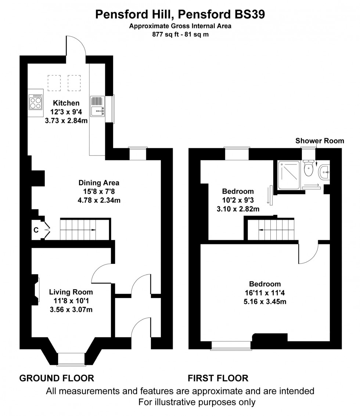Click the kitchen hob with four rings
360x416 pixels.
36,102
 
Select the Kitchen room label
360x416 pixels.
66,103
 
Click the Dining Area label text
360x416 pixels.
99,183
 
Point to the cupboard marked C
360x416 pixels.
36,230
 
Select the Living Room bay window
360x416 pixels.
72,359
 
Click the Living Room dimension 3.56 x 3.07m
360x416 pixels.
71,309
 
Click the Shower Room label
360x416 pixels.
320,141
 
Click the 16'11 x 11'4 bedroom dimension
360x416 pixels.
265,293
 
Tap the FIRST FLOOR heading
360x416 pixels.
218,378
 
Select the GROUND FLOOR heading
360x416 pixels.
56,378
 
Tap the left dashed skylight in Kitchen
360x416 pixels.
54,83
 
